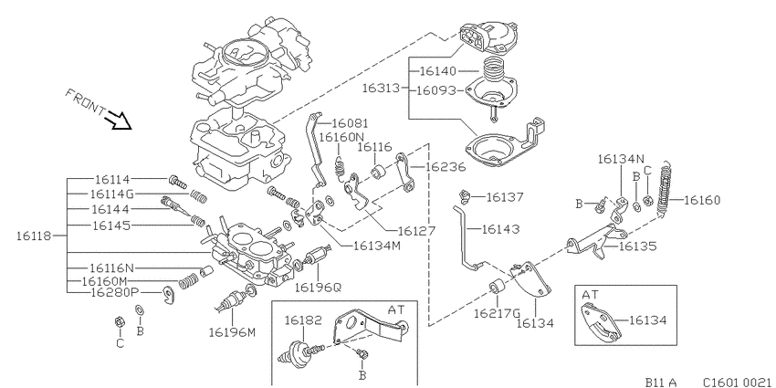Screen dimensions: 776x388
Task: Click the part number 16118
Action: tap(34, 236)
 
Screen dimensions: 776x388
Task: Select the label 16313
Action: tap(380, 89)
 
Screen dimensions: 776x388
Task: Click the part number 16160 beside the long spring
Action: tap(702, 201)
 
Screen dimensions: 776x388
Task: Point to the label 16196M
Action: tap(232, 332)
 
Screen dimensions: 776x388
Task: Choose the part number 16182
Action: tap(303, 320)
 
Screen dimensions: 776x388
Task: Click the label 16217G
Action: tap(497, 313)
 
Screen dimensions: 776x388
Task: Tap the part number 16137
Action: tap(505, 197)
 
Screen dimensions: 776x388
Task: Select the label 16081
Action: tap(350, 123)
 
